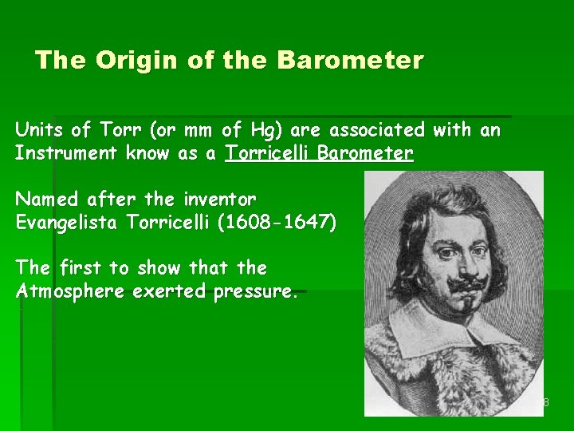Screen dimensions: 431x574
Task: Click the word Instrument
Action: click(66, 153)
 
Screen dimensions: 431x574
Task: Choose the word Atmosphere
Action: click(70, 291)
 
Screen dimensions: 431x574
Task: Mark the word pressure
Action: click(255, 292)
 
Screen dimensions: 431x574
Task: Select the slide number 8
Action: click(545, 402)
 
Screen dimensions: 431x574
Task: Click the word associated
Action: click(377, 129)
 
